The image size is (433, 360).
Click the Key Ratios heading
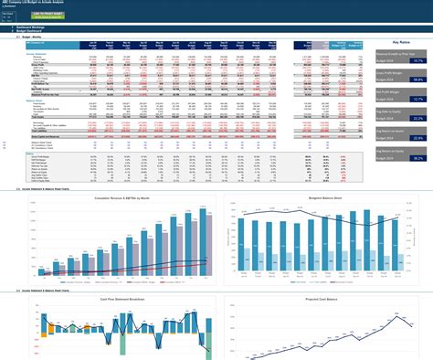[400, 41]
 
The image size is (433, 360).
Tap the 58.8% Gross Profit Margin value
[417, 79]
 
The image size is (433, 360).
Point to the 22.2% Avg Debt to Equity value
[417, 138]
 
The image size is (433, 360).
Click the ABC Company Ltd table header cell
[37, 42]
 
